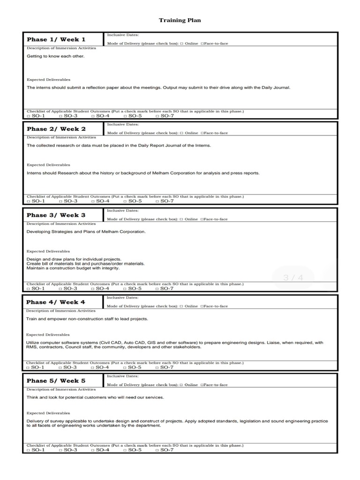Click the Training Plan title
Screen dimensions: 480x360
[x=180, y=21]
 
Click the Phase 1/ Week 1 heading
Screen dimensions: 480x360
[x=56, y=39]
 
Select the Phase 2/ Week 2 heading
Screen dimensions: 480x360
[x=56, y=129]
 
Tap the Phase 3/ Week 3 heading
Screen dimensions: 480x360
[x=56, y=215]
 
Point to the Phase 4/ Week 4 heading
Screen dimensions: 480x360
[x=56, y=302]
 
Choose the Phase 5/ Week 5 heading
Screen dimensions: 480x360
[x=56, y=381]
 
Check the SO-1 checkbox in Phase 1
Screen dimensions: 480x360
[x=29, y=116]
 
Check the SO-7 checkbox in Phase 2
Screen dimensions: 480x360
[x=157, y=201]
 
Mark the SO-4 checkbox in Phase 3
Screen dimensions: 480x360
[x=93, y=288]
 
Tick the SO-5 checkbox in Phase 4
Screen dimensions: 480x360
[x=125, y=367]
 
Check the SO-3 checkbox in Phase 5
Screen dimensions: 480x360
[x=61, y=450]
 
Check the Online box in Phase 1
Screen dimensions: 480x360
[x=181, y=44]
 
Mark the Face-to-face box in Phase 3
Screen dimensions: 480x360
[x=202, y=219]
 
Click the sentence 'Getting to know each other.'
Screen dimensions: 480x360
[x=55, y=56]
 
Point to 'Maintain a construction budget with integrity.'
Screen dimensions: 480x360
[x=73, y=269]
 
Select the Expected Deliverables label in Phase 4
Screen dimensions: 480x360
[x=48, y=335]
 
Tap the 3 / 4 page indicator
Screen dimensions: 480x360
[x=293, y=278]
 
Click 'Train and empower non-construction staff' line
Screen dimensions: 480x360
[x=87, y=319]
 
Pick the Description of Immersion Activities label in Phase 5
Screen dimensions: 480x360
[x=61, y=390]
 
